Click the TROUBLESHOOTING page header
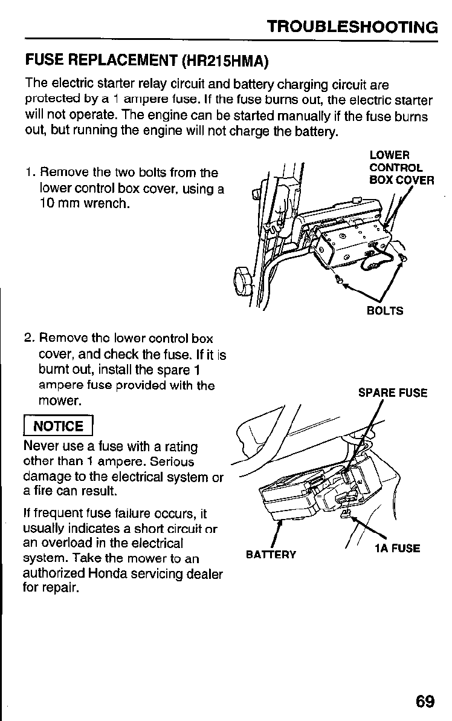coord(352,27)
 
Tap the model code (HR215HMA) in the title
coord(224,61)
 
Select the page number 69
coord(425,701)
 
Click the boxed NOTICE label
coord(58,426)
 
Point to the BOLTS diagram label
coord(385,312)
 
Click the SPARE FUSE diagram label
coord(393,393)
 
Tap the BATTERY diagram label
coord(271,555)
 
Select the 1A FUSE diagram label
coord(397,549)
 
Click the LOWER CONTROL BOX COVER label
coord(401,168)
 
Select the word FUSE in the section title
coord(43,61)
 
